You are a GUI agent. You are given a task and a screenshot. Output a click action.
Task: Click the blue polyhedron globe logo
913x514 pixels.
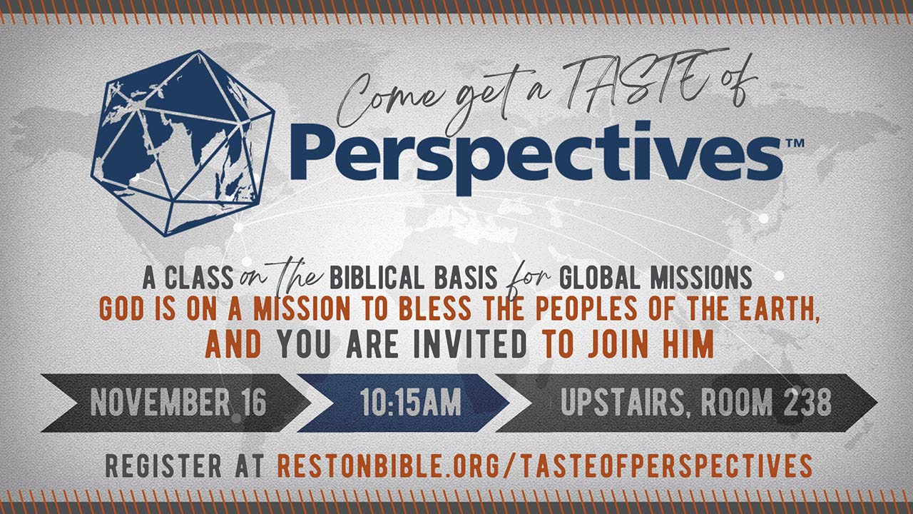click(183, 143)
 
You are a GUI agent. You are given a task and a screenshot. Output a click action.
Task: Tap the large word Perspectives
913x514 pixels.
click(536, 158)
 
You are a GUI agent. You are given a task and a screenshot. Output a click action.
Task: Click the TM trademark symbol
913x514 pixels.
click(795, 143)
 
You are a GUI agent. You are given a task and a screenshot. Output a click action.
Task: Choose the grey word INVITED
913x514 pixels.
click(470, 344)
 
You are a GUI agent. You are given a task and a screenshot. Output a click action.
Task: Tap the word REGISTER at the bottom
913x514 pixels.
click(163, 465)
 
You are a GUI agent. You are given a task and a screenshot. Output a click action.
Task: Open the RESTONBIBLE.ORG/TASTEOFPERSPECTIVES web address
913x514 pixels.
click(546, 465)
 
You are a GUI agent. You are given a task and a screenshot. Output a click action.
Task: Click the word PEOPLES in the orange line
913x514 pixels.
click(586, 309)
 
